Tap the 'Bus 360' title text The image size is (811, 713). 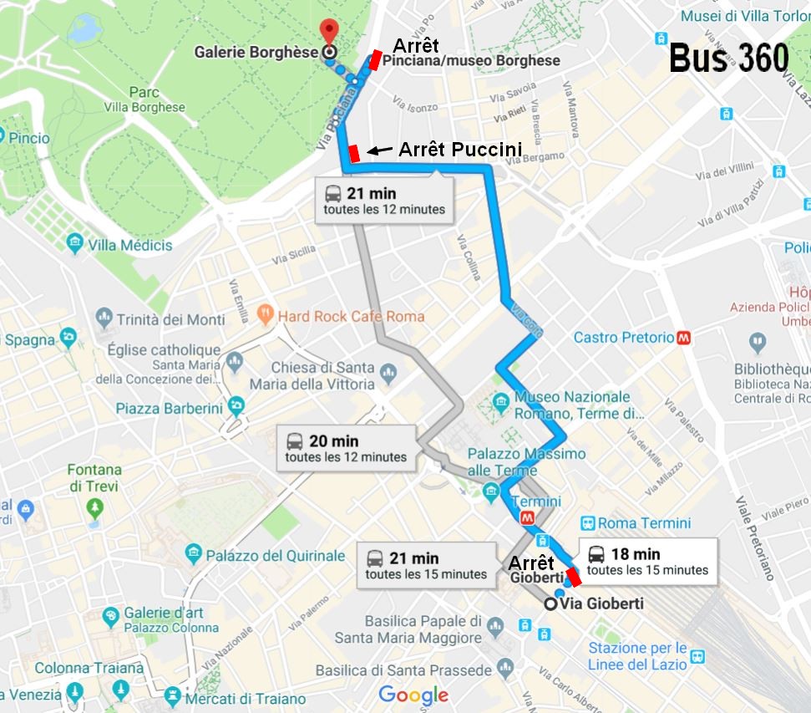(x=728, y=59)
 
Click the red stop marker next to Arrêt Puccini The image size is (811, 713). (x=354, y=153)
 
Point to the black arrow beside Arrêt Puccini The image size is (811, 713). (x=380, y=150)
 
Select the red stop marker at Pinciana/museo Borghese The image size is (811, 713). (x=377, y=58)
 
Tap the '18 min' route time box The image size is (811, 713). (x=647, y=562)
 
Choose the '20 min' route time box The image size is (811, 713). (x=346, y=449)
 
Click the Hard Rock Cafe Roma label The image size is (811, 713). (x=351, y=316)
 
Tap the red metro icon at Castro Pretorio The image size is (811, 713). (x=684, y=338)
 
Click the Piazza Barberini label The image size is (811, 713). (x=170, y=408)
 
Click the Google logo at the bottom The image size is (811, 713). (x=413, y=695)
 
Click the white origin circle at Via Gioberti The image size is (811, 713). (x=550, y=604)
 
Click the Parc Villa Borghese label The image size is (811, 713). (x=144, y=99)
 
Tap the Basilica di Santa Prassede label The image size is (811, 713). (x=403, y=670)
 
